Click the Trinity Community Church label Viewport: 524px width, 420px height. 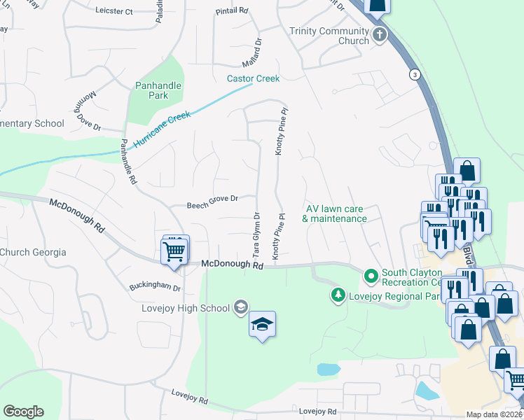tap(329, 36)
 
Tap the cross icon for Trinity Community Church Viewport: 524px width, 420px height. tap(379, 35)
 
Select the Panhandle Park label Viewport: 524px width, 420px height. tap(158, 90)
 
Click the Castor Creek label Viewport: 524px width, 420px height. tap(253, 78)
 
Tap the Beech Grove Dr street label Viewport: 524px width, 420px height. tap(213, 205)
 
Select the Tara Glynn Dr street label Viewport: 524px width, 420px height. tap(256, 235)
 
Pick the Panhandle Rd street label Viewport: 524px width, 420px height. tap(127, 160)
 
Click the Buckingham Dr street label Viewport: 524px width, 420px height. tap(155, 287)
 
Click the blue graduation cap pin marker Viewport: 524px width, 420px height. tap(263, 325)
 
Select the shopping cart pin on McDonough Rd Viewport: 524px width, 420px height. tap(174, 251)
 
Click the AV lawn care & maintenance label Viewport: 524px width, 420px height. tap(335, 213)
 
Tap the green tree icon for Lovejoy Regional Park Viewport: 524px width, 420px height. tap(338, 295)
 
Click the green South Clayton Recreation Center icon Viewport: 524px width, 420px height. tap(371, 276)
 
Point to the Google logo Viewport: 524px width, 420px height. tap(23, 412)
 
